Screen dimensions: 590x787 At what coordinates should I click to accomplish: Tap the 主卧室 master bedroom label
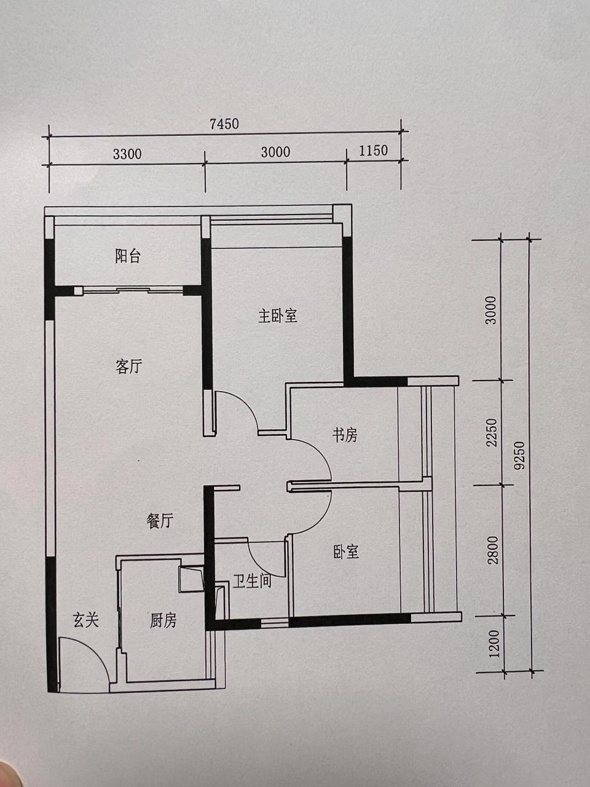278,316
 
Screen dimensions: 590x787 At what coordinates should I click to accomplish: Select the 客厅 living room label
129,366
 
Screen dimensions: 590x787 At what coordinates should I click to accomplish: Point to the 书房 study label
345,435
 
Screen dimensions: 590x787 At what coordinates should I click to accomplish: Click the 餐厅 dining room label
160,521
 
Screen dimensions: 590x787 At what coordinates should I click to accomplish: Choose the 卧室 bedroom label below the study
346,552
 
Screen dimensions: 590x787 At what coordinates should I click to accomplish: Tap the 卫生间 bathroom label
252,581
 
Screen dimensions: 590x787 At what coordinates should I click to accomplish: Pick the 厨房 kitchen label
163,620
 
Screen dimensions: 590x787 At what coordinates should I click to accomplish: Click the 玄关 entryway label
85,620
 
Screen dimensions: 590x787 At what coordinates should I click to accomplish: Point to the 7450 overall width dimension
224,124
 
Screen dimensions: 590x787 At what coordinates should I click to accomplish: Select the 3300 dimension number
127,154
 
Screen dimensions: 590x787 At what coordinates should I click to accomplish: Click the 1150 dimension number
373,151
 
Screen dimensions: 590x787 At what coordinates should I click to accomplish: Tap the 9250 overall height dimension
519,456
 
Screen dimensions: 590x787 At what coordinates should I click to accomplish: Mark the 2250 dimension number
492,432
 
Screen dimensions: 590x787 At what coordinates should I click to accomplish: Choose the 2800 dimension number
493,550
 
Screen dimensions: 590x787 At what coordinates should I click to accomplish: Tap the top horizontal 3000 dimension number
275,152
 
